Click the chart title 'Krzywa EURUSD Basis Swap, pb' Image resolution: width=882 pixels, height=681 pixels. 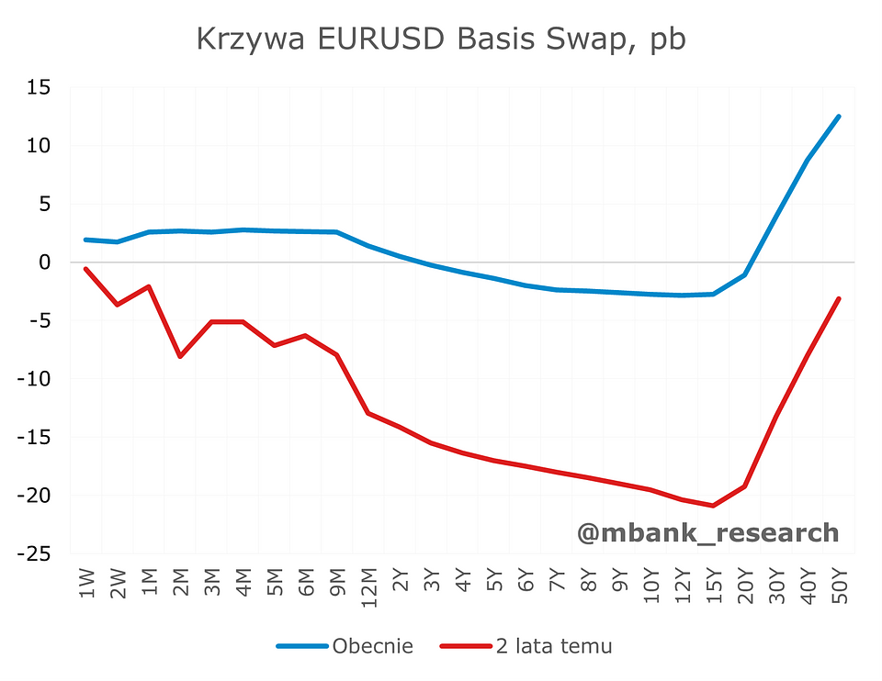pyautogui.click(x=442, y=40)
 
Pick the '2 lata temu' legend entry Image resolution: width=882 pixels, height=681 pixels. pyautogui.click(x=553, y=646)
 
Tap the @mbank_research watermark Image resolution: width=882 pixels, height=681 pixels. pyautogui.click(x=707, y=532)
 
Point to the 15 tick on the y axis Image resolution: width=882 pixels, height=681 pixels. pyautogui.click(x=40, y=87)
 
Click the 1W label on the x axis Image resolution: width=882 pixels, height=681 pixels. pyautogui.click(x=86, y=584)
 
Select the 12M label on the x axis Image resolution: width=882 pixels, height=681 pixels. pyautogui.click(x=368, y=586)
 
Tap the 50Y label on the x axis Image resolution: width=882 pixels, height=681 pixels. pyautogui.click(x=838, y=584)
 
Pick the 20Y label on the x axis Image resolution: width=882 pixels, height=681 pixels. pyautogui.click(x=744, y=584)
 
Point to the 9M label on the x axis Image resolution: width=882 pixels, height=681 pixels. pyautogui.click(x=337, y=584)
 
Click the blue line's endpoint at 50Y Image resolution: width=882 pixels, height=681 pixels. pyautogui.click(x=838, y=117)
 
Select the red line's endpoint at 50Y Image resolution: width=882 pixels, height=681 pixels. pyautogui.click(x=838, y=299)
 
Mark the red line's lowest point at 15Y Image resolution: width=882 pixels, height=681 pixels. pyautogui.click(x=713, y=506)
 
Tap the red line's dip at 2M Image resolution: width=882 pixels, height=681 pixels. pyautogui.click(x=180, y=356)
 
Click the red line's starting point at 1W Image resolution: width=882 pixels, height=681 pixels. pyautogui.click(x=86, y=269)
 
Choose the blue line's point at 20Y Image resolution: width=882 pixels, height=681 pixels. pyautogui.click(x=744, y=275)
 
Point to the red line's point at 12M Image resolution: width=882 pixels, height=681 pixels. pyautogui.click(x=368, y=413)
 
